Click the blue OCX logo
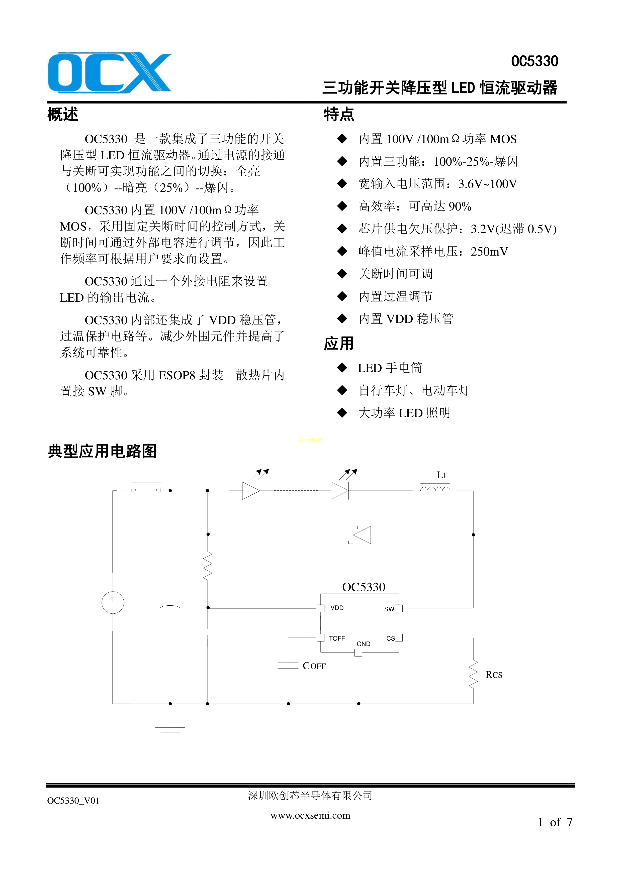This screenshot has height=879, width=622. pyautogui.click(x=110, y=73)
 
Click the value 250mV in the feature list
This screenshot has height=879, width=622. pyautogui.click(x=489, y=252)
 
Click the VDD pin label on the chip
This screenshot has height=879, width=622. pyautogui.click(x=337, y=608)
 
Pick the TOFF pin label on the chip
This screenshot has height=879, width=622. pyautogui.click(x=337, y=638)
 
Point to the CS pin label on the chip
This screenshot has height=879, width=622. pyautogui.click(x=390, y=638)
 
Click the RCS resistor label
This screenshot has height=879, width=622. pyautogui.click(x=494, y=675)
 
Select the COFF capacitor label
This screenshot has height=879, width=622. pyautogui.click(x=314, y=666)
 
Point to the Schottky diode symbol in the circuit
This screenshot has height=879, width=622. pyautogui.click(x=361, y=535)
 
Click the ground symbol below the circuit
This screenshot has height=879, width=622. pyautogui.click(x=170, y=732)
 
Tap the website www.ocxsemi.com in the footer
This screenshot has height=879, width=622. pyautogui.click(x=310, y=815)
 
